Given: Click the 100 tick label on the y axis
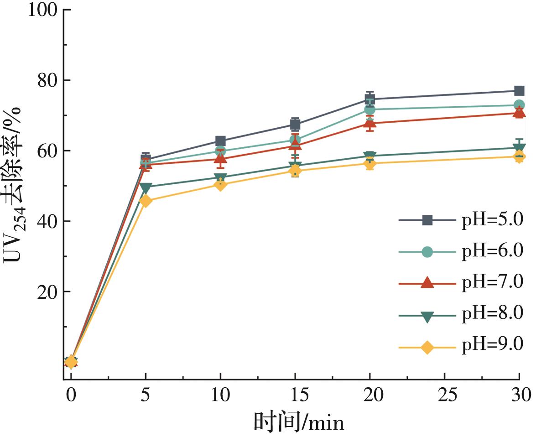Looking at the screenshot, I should pyautogui.click(x=44, y=10).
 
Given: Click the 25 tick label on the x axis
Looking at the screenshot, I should pyautogui.click(x=445, y=394).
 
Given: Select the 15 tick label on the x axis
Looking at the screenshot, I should pyautogui.click(x=295, y=394).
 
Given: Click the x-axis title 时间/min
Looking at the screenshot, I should pyautogui.click(x=299, y=422).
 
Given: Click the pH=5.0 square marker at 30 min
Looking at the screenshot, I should pyautogui.click(x=519, y=91).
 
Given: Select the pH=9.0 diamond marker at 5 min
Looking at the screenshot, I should pyautogui.click(x=146, y=201).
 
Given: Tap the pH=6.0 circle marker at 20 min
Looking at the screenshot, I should pyautogui.click(x=370, y=109).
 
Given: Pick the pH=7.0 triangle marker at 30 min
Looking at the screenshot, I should pyautogui.click(x=519, y=113).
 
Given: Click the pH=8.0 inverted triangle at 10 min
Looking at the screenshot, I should pyautogui.click(x=220, y=178).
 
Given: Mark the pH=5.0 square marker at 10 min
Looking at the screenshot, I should pyautogui.click(x=220, y=141).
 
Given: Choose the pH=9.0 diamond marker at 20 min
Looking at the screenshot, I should pyautogui.click(x=370, y=164).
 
